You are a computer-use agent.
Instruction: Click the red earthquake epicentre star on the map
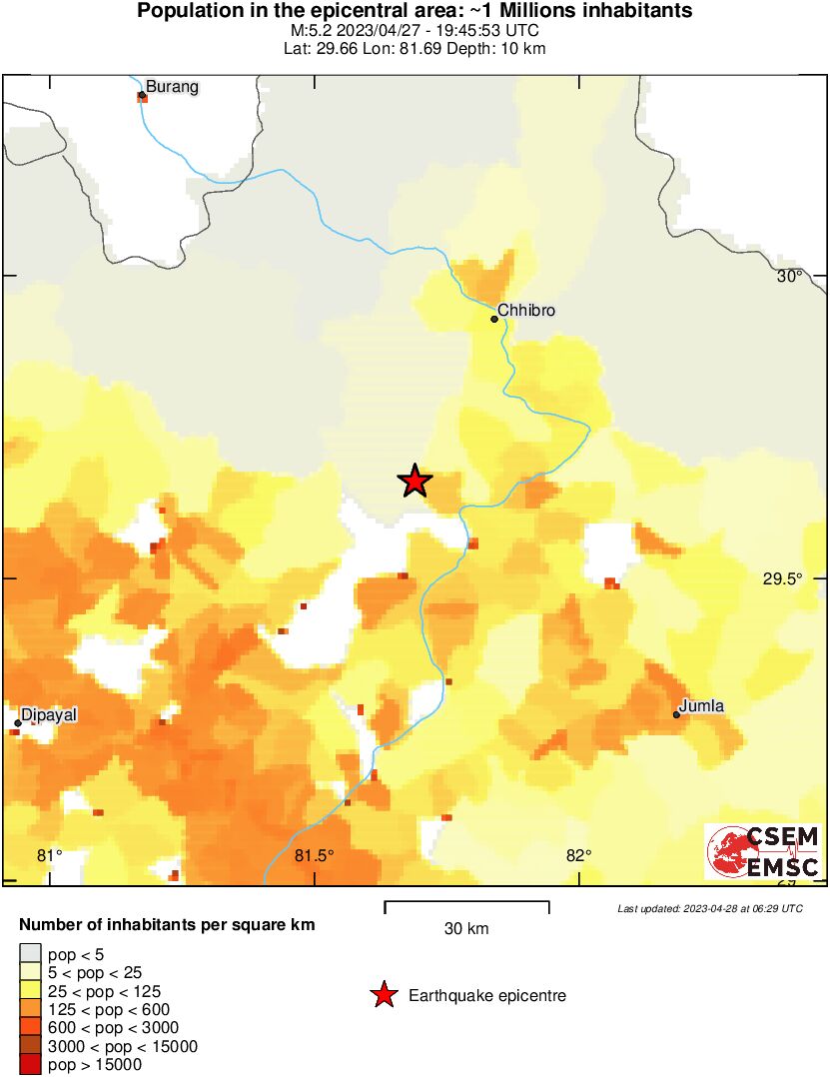(x=415, y=482)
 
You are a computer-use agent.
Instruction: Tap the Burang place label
(x=172, y=87)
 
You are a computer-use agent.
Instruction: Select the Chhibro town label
(x=525, y=311)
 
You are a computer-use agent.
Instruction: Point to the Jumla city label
(x=701, y=706)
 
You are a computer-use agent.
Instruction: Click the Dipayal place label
(x=49, y=715)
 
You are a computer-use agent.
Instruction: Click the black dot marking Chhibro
(x=494, y=319)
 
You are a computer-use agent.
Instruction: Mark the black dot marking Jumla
(x=677, y=714)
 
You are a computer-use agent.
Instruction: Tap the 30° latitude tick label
(x=790, y=276)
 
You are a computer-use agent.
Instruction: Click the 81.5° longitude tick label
(x=314, y=855)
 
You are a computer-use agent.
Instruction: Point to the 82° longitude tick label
(x=578, y=855)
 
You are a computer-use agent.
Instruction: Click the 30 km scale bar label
(x=466, y=929)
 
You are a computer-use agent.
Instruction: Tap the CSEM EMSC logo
(x=764, y=851)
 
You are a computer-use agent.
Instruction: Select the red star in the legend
(x=383, y=995)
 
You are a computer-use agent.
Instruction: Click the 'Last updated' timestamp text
(x=709, y=908)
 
